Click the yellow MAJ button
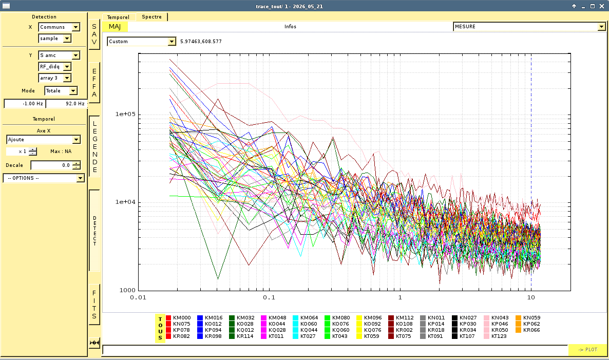[115, 26]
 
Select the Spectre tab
[151, 17]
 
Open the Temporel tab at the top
[118, 17]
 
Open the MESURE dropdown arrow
[601, 26]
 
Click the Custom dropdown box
[141, 41]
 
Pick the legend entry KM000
[178, 318]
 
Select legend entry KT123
[495, 336]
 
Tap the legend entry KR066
[528, 330]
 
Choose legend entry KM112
[401, 318]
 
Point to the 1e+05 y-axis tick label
[125, 114]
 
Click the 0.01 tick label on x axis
[138, 297]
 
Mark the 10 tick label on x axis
[531, 297]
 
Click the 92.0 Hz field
[66, 104]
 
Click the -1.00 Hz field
[25, 104]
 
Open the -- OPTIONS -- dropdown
[44, 178]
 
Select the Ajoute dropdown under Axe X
[44, 139]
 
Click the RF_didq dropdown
[55, 66]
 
